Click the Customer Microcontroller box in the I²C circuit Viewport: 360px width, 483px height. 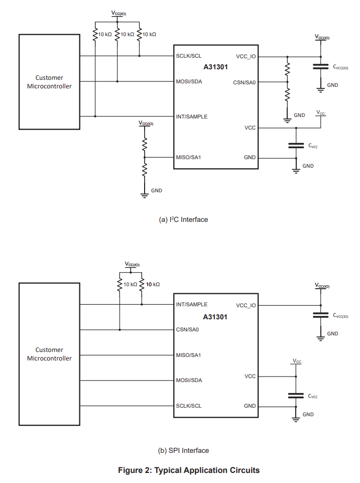point(49,82)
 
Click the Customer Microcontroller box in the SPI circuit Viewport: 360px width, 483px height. point(49,354)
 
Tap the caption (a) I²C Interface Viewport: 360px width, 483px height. point(183,219)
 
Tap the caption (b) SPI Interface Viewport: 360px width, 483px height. point(183,450)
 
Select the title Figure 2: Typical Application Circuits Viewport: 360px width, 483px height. point(189,470)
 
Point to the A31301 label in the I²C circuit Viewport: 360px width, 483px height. point(215,67)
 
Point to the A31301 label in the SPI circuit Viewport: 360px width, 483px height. point(215,317)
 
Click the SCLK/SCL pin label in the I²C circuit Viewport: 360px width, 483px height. point(189,56)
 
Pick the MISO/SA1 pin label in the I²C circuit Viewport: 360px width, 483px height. point(189,157)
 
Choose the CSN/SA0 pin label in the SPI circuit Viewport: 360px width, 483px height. point(188,330)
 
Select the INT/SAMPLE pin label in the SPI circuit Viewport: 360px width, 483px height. point(192,304)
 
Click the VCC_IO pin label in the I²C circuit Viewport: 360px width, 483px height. point(246,56)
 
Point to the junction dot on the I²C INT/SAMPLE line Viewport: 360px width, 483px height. point(95,116)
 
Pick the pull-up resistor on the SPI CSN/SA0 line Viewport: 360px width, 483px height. point(120,285)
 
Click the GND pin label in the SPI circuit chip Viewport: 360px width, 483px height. point(250,406)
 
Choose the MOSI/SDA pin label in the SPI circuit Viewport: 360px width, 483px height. point(189,380)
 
